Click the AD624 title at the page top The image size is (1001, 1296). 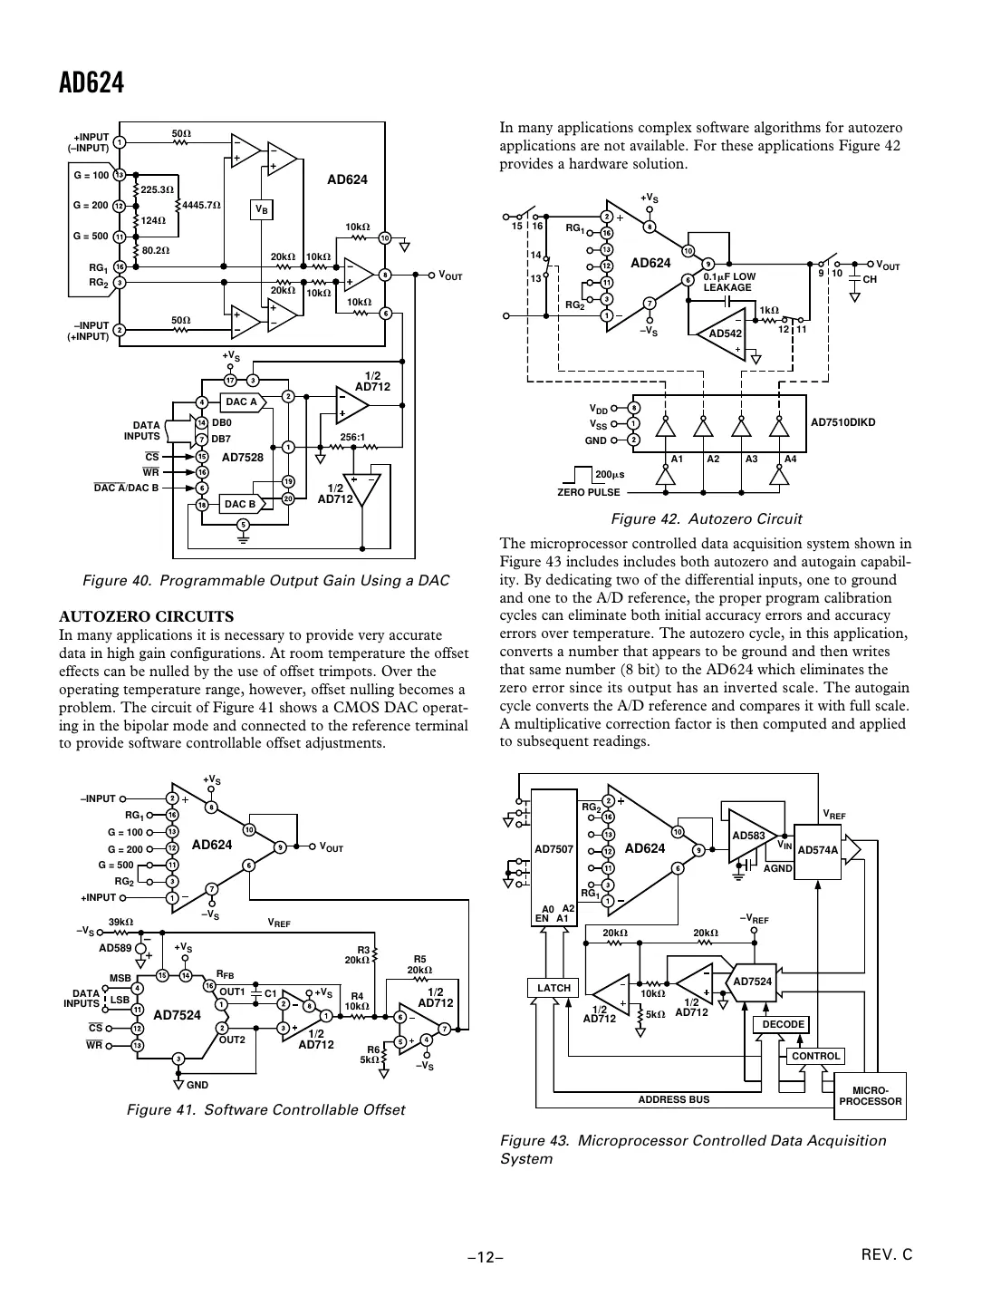[91, 83]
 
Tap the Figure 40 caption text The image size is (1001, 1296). [265, 580]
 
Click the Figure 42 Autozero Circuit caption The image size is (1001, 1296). [706, 519]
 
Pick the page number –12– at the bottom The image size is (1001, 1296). [485, 1257]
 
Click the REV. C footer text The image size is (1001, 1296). [887, 1254]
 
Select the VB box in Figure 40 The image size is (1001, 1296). [262, 209]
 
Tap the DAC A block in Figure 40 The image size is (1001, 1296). [242, 401]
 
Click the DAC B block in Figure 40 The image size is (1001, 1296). [241, 504]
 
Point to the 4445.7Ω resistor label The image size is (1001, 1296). [201, 206]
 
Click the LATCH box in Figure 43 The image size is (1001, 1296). [553, 988]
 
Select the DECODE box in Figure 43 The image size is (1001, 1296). [783, 1025]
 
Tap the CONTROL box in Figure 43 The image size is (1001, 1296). [815, 1056]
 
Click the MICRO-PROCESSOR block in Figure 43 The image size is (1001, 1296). [870, 1096]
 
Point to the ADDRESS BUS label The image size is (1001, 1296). [673, 1099]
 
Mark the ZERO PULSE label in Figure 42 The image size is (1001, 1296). [589, 492]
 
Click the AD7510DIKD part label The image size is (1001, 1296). [842, 421]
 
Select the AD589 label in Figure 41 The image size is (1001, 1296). [115, 948]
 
